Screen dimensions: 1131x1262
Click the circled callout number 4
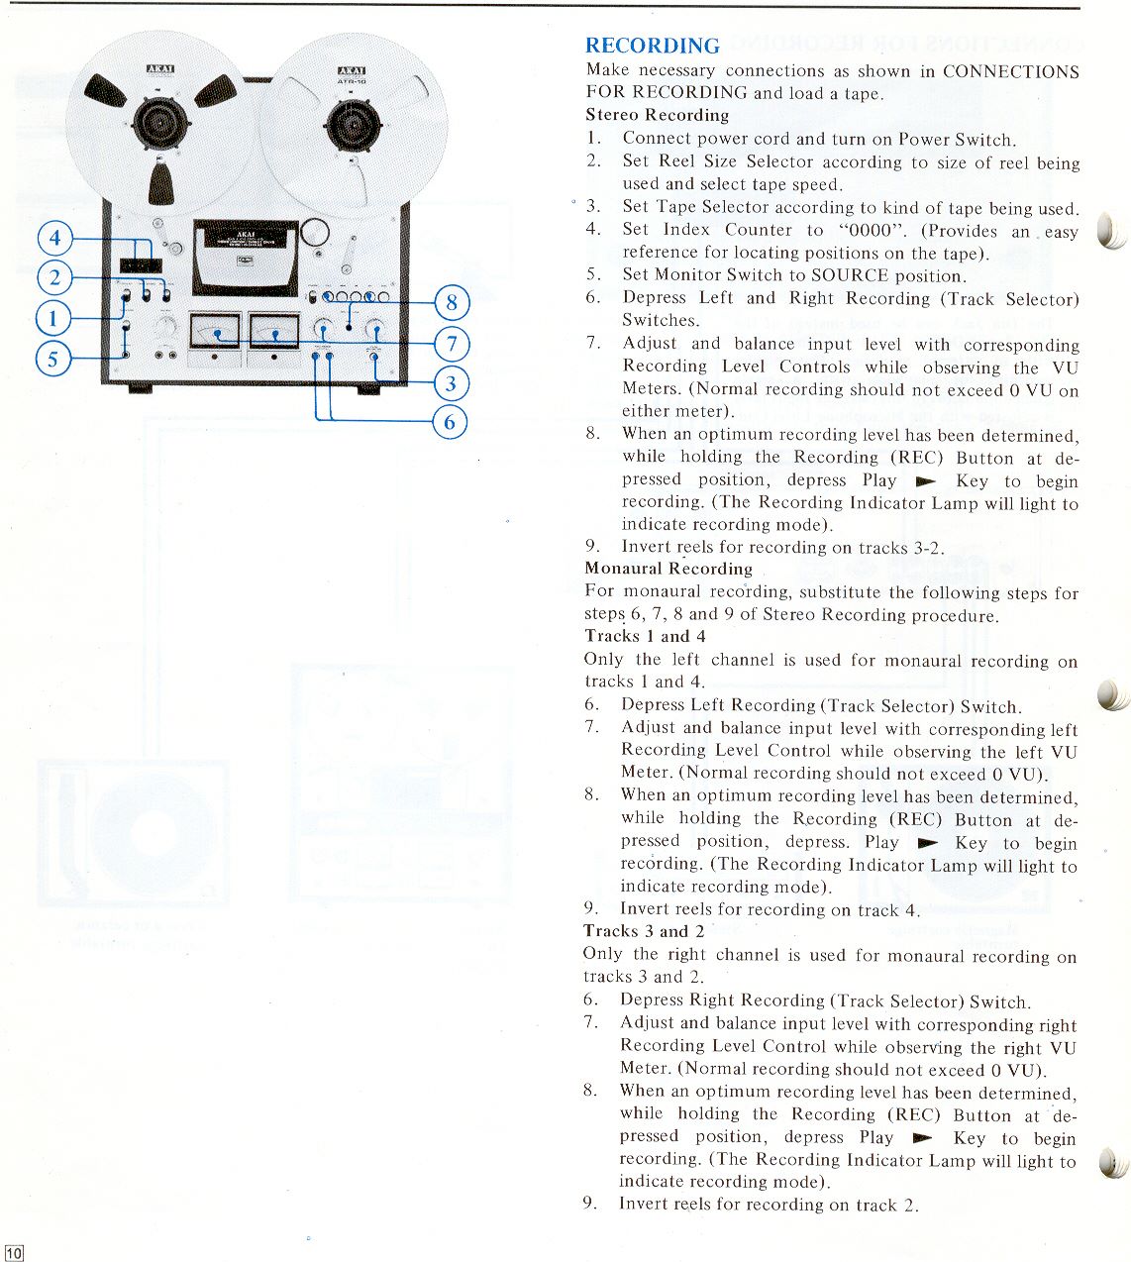click(55, 238)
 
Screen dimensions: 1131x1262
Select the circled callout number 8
click(452, 301)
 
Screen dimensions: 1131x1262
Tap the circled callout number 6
click(450, 422)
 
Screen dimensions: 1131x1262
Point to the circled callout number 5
click(54, 359)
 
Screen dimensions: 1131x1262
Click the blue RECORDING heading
click(652, 46)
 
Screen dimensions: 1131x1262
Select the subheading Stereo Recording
click(657, 115)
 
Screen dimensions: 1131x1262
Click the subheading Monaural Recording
click(668, 569)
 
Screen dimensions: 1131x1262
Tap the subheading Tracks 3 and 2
click(644, 931)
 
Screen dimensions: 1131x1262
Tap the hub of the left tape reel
click(159, 124)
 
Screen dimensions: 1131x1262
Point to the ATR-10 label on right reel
click(352, 81)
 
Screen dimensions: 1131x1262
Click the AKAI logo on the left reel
click(159, 69)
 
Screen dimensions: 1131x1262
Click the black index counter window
click(141, 265)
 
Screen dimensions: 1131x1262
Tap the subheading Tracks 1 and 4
click(645, 636)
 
